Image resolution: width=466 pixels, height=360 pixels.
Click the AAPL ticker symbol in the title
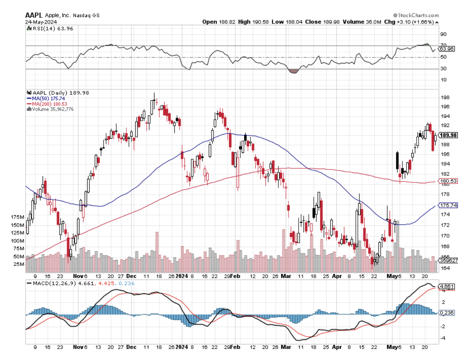pyautogui.click(x=33, y=15)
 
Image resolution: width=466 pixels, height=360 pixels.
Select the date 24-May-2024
pyautogui.click(x=41, y=21)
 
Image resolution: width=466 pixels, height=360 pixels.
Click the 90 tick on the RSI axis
pyautogui.click(x=444, y=34)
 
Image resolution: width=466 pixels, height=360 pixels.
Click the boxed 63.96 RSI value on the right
pyautogui.click(x=448, y=49)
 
